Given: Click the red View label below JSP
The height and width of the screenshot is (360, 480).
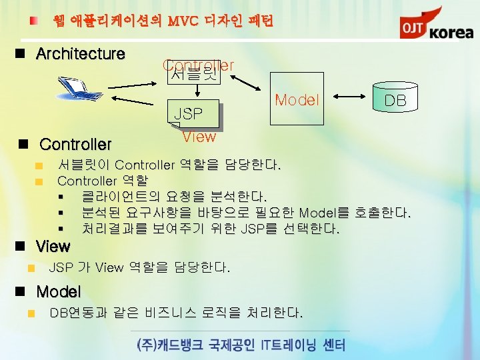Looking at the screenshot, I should point(199,137).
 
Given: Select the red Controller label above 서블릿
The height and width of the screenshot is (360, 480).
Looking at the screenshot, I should point(198,65).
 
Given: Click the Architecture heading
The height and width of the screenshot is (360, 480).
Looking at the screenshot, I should point(81,54).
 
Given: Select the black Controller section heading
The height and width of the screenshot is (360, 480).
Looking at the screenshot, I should point(75,144).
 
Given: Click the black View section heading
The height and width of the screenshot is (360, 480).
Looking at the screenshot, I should point(53,247).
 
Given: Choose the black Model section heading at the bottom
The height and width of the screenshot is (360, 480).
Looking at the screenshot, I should point(59,292).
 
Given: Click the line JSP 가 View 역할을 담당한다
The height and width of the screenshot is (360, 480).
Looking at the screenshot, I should point(140,268).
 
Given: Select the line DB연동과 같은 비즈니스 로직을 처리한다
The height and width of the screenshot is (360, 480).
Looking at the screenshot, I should point(177,313).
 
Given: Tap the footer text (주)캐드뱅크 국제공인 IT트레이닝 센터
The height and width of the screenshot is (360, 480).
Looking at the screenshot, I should point(240,345).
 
